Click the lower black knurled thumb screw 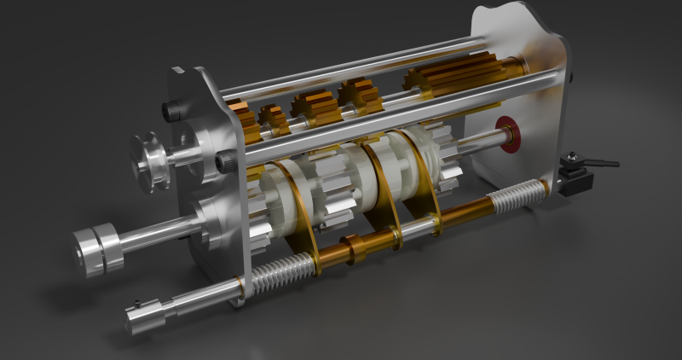(227, 161)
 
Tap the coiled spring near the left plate (275, 274)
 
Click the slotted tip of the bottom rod (136, 319)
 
